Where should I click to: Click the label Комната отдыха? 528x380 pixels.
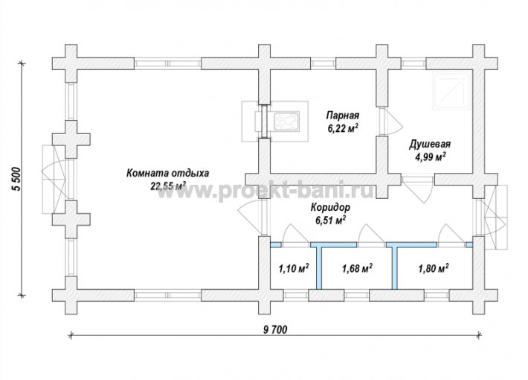click(167, 174)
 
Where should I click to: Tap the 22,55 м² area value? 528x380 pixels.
click(168, 186)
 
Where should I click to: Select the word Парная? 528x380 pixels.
click(343, 115)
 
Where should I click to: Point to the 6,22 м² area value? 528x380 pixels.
click(343, 128)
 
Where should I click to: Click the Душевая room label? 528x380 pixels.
click(430, 145)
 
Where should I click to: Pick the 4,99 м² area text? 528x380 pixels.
click(431, 157)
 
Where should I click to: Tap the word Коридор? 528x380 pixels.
click(330, 207)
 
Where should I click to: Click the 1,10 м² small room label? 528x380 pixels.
click(294, 269)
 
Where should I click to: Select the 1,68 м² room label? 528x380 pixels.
click(357, 269)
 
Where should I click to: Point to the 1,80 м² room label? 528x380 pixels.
click(433, 269)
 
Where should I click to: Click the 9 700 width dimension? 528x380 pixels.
click(275, 330)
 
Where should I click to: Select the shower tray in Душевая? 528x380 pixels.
click(451, 91)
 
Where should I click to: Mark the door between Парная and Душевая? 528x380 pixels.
click(390, 122)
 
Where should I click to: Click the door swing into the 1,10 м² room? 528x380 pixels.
click(296, 234)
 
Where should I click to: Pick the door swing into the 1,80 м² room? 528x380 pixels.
click(451, 234)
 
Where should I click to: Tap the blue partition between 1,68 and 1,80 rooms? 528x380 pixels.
click(394, 265)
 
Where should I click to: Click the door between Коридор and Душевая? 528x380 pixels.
click(417, 189)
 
